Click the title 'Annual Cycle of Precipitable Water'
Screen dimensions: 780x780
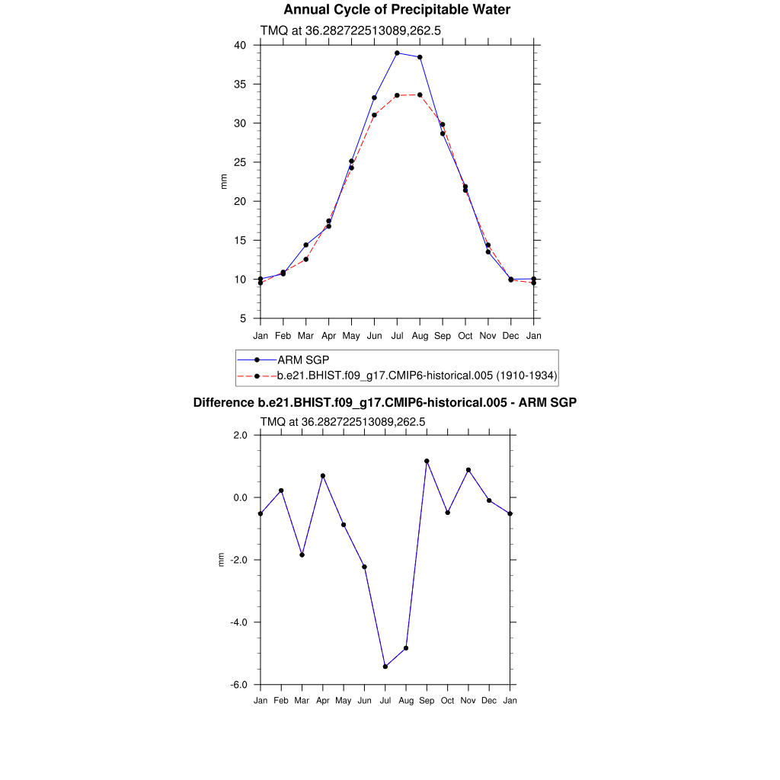[x=397, y=10]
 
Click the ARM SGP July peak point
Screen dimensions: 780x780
[x=397, y=53]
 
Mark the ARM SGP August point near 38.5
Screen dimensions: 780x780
[x=420, y=57]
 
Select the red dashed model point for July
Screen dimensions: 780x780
[x=397, y=95]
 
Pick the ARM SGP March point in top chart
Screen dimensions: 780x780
[x=305, y=245]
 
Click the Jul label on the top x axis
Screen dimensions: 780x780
[x=397, y=336]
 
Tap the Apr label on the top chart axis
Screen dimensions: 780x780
[x=328, y=336]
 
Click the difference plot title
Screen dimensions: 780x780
[x=385, y=402]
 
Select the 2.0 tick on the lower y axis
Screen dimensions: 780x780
[x=241, y=435]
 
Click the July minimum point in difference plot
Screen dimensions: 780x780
[x=385, y=667]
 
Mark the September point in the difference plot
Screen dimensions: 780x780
[x=427, y=461]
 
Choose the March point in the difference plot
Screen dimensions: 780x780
[x=302, y=555]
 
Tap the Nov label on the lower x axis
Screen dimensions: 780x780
[x=468, y=700]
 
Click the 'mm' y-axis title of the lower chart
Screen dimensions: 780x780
[x=222, y=560]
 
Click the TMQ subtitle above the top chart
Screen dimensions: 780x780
[x=351, y=30]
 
